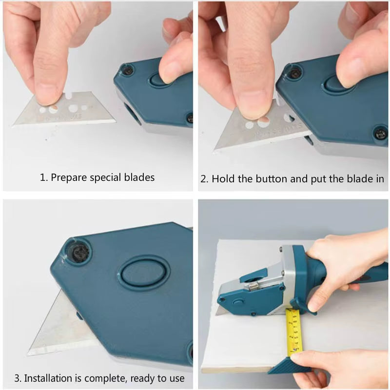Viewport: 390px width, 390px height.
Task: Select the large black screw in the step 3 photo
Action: pyautogui.click(x=78, y=252)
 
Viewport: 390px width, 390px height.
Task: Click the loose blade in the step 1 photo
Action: pyautogui.click(x=63, y=112)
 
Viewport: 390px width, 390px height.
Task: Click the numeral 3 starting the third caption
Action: pyautogui.click(x=17, y=378)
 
